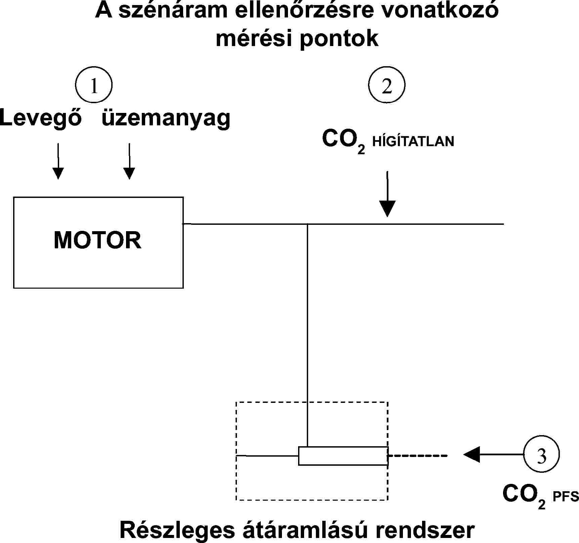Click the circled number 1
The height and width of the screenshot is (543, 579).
coord(94,85)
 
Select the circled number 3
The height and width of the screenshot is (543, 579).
coord(541,454)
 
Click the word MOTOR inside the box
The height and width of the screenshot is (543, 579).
coord(97,240)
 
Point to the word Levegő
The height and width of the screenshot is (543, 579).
coord(41,118)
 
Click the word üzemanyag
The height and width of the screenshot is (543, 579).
coord(166,118)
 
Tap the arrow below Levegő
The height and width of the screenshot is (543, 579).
coord(58,161)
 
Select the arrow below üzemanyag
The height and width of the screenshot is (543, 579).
coord(129,161)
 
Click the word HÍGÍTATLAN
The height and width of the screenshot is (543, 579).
coord(413,141)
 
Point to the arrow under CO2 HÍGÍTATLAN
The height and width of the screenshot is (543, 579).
coord(387,195)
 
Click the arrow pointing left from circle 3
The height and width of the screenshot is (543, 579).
coord(492,455)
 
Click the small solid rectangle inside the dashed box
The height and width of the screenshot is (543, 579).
coord(343,456)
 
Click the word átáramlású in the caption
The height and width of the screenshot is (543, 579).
coord(304,530)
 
